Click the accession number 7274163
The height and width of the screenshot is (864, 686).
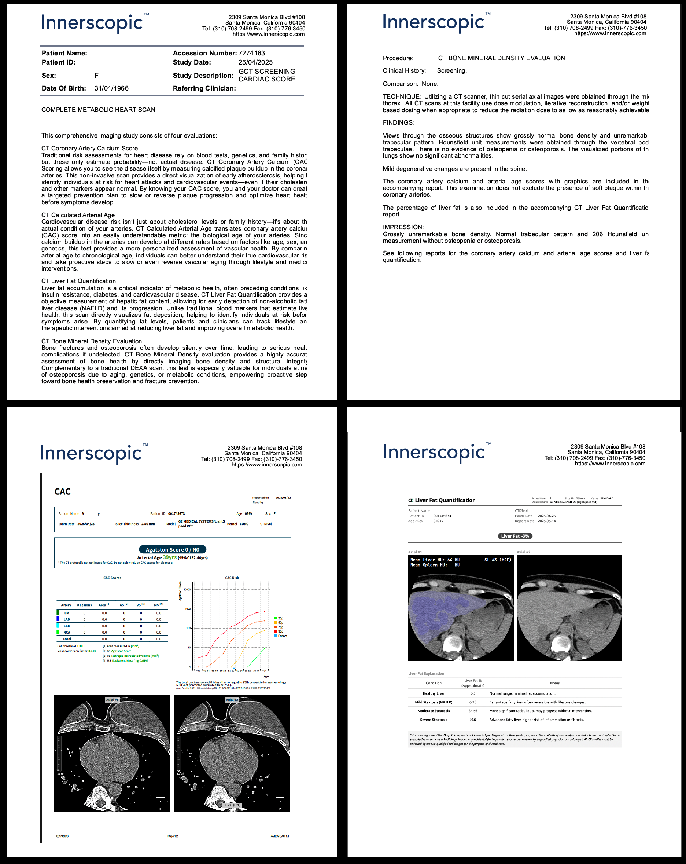point(251,53)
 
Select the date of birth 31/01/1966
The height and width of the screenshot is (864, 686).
point(111,88)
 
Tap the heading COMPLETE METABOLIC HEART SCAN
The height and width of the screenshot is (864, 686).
point(98,110)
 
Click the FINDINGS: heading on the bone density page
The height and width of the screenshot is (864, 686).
point(398,122)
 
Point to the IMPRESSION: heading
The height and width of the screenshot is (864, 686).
point(403,227)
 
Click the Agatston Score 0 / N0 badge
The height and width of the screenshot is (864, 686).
point(172,549)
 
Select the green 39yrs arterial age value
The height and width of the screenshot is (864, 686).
point(169,557)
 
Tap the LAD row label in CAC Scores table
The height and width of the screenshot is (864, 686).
point(66,619)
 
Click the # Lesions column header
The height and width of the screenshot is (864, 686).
point(84,605)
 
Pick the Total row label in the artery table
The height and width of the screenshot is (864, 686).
point(67,639)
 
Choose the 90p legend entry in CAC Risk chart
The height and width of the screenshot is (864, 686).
point(280,631)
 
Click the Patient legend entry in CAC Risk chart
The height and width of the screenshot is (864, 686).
point(282,636)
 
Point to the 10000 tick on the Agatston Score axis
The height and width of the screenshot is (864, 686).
point(187,589)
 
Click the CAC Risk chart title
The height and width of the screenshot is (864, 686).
point(232,578)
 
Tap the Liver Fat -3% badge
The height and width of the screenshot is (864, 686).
point(514,536)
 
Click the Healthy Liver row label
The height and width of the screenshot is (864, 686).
point(433,693)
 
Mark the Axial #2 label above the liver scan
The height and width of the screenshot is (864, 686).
point(523,552)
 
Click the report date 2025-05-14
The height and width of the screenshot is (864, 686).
point(546,521)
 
